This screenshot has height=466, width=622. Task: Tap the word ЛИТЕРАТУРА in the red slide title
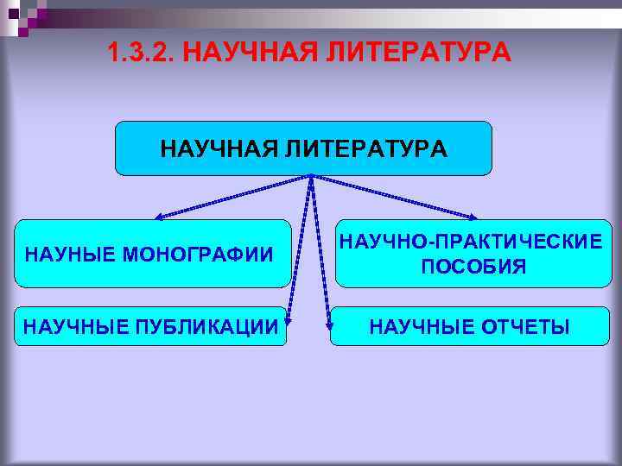pos(419,54)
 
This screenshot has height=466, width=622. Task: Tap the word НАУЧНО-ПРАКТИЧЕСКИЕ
pos(472,242)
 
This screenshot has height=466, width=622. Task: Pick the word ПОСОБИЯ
pos(473,268)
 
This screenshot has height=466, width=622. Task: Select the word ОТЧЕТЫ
pos(526,327)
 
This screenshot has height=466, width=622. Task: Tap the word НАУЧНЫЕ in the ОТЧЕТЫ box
pos(422,327)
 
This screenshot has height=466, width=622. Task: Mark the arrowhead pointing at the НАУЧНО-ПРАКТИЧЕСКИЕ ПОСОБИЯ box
pos(474,216)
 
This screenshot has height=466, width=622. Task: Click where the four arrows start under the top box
pos(310,178)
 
